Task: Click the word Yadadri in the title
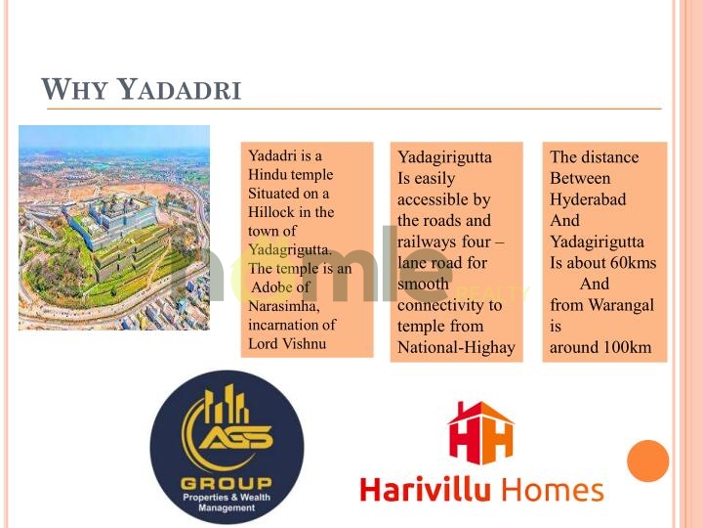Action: click(x=180, y=89)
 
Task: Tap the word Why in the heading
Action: click(x=74, y=89)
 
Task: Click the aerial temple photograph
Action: click(x=114, y=228)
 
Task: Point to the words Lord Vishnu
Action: click(x=287, y=343)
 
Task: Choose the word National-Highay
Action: click(x=456, y=348)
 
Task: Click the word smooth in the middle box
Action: click(x=423, y=284)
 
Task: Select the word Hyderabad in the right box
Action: click(x=588, y=199)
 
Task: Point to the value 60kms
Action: click(x=633, y=263)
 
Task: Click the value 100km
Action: click(x=627, y=347)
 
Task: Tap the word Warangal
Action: click(x=621, y=306)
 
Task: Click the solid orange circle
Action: click(x=648, y=461)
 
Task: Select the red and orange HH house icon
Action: click(x=481, y=433)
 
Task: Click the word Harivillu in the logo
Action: click(x=426, y=489)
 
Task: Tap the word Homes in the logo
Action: click(x=553, y=490)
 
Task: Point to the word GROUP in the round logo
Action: click(x=227, y=483)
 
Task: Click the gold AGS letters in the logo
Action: click(x=236, y=436)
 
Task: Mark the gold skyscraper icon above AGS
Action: click(x=226, y=405)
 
